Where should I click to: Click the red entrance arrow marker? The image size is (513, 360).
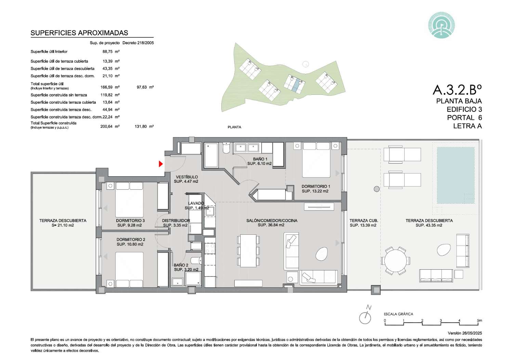click(161, 164)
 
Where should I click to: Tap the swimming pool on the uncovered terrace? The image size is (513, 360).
click(456, 175)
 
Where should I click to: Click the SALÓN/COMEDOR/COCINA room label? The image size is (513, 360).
click(272, 220)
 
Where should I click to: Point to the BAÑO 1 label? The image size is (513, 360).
click(260, 159)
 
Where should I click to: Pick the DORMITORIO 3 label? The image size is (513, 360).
click(130, 220)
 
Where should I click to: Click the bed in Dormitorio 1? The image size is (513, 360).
click(316, 160)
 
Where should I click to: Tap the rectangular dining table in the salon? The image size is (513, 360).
click(248, 251)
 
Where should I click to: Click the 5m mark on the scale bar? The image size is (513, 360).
click(479, 320)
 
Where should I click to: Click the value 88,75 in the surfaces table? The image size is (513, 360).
click(107, 52)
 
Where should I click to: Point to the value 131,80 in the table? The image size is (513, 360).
click(141, 126)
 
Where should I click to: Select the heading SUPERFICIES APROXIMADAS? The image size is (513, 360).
click(79, 33)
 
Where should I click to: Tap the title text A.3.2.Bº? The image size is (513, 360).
click(457, 90)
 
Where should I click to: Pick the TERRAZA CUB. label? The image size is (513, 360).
click(364, 220)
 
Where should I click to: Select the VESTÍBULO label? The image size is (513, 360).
click(187, 177)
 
